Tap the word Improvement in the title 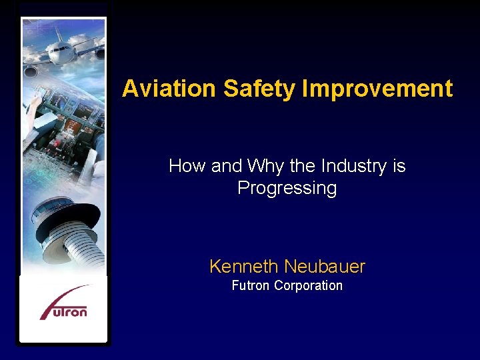377,89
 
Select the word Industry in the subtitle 353,166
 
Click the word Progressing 287,188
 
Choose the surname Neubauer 325,267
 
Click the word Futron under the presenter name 250,285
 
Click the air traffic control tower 69,233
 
